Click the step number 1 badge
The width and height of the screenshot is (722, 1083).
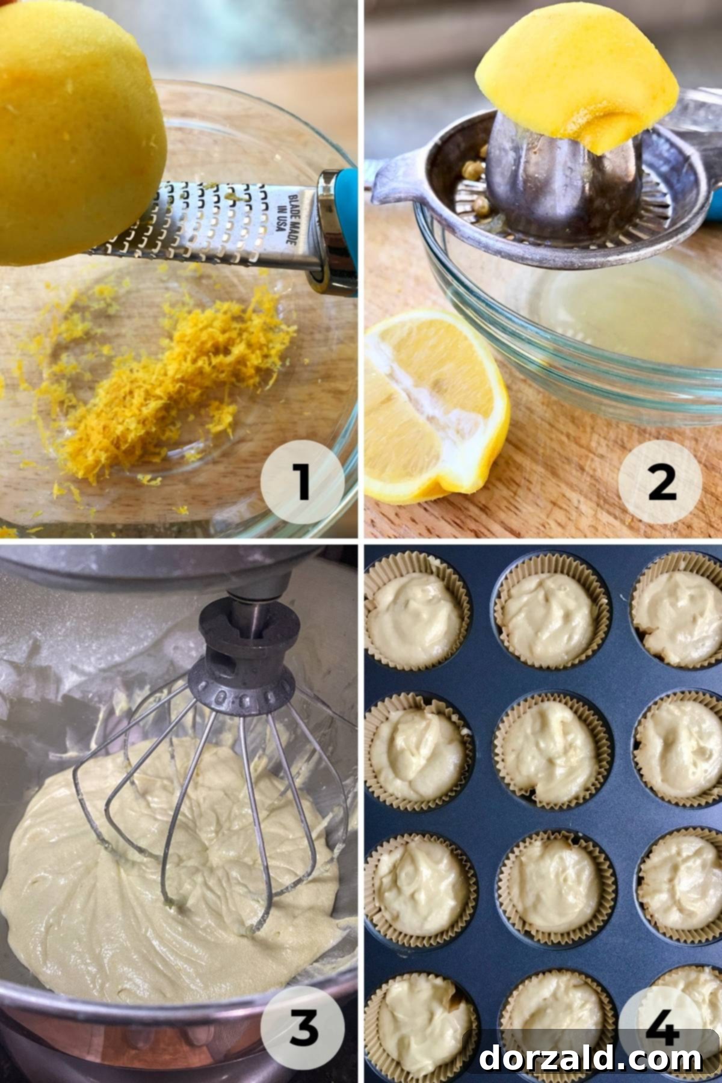303,482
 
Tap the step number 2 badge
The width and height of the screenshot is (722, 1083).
661,482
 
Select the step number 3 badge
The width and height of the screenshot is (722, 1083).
303,1026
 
